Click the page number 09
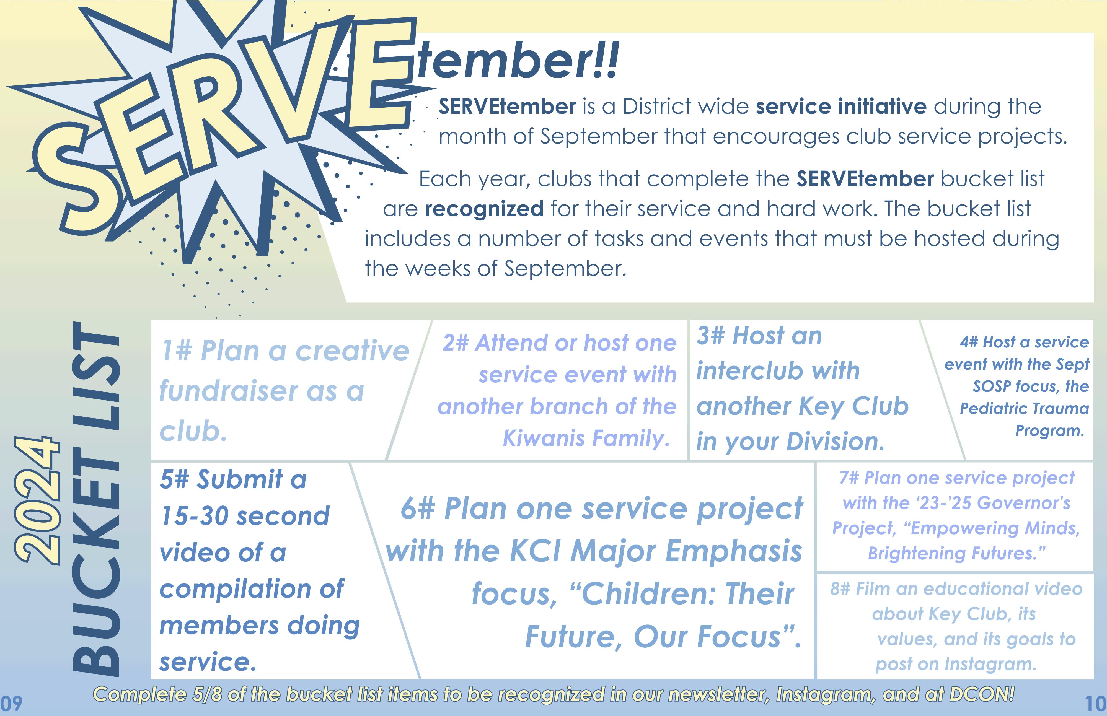click(x=11, y=704)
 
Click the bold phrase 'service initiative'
click(x=841, y=107)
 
